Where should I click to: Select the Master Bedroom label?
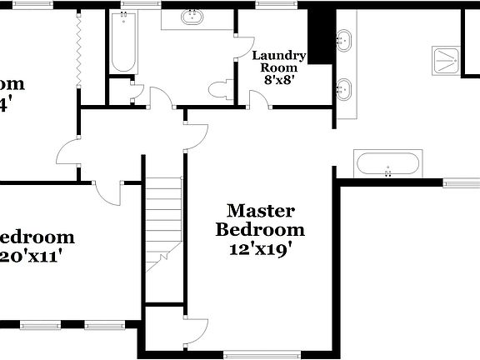260,220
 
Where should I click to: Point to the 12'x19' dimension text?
260,247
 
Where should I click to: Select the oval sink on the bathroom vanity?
192,16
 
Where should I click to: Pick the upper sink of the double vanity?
344,38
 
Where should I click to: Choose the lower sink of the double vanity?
344,86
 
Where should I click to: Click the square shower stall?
447,60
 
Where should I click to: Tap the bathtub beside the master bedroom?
387,162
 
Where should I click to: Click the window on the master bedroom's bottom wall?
260,355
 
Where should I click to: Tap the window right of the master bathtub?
461,183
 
